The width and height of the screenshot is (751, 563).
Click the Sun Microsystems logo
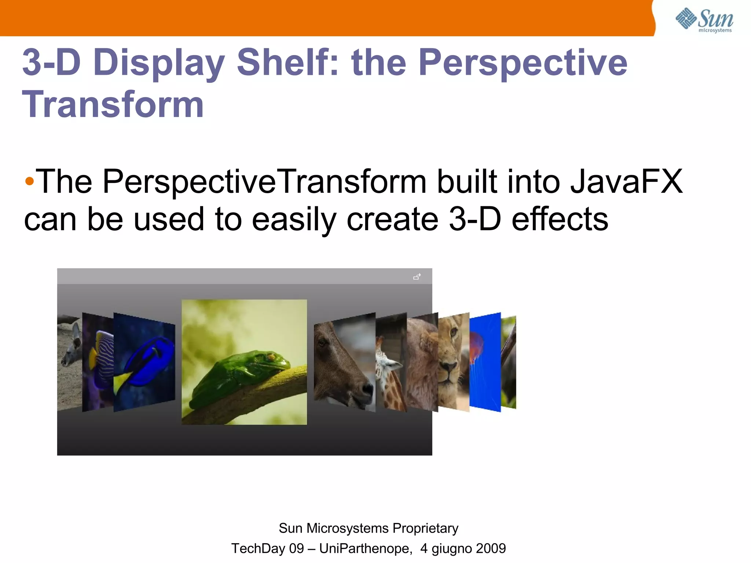[x=704, y=20]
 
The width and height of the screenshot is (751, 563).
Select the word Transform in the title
[x=113, y=105]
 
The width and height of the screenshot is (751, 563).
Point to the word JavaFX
[x=626, y=181]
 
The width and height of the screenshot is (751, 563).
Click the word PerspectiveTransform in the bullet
[x=264, y=181]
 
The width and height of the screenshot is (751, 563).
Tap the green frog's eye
[x=271, y=356]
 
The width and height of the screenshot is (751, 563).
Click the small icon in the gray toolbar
[x=417, y=277]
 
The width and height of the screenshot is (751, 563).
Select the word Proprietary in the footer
[x=425, y=528]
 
